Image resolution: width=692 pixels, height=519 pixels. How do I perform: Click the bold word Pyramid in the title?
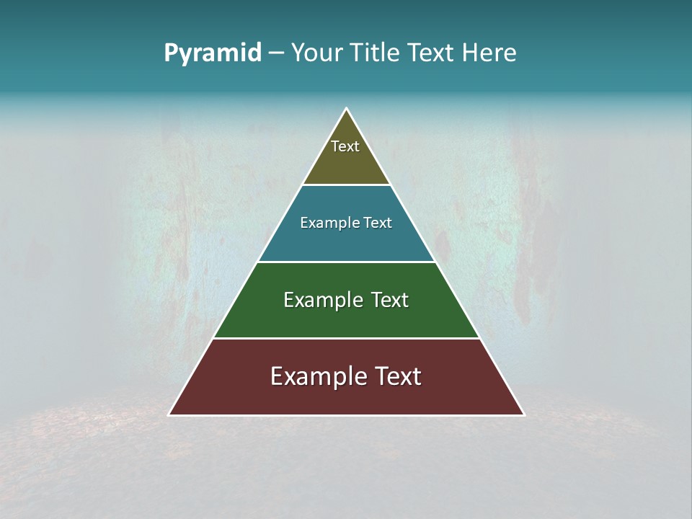click(x=212, y=53)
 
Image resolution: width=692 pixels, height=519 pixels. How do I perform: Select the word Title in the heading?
click(x=376, y=53)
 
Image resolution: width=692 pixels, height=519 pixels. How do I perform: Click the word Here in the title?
click(x=489, y=53)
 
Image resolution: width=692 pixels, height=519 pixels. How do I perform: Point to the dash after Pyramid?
click(x=275, y=53)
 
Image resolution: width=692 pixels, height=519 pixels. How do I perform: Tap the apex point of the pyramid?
click(x=347, y=109)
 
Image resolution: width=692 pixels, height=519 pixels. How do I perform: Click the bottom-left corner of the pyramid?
click(x=169, y=414)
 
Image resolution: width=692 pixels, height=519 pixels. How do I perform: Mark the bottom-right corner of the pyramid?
click(x=524, y=414)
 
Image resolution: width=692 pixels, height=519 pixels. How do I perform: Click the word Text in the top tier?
click(x=345, y=146)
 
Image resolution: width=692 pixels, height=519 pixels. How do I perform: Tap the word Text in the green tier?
click(x=383, y=300)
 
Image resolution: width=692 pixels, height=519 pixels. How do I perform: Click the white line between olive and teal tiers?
click(x=346, y=185)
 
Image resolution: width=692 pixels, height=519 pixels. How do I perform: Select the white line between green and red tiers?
click(x=346, y=338)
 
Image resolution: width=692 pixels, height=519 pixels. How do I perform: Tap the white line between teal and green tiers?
click(x=346, y=262)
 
